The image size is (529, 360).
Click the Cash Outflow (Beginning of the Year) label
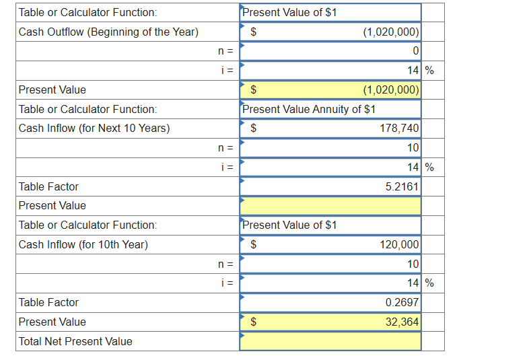click(x=108, y=32)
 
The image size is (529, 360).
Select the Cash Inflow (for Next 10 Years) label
click(x=94, y=128)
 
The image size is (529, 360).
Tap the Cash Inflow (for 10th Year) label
click(x=83, y=244)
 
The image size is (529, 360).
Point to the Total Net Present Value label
click(x=75, y=341)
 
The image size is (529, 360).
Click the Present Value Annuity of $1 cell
click(x=309, y=109)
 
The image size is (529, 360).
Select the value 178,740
click(x=400, y=128)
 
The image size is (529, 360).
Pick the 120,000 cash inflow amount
click(x=400, y=244)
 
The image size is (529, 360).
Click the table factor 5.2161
click(x=401, y=186)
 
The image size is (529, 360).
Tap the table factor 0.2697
click(x=401, y=303)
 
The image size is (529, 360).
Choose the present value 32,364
click(x=402, y=322)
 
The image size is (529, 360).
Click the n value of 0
click(x=415, y=51)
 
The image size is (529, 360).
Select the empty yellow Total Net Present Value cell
click(x=330, y=341)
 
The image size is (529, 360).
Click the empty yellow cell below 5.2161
click(x=330, y=205)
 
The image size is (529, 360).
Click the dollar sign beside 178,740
click(x=254, y=128)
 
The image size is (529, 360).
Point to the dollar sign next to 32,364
click(x=254, y=322)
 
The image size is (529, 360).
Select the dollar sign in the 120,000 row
click(x=254, y=244)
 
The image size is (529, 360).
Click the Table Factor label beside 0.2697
click(x=48, y=303)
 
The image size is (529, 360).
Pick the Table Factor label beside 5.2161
click(x=48, y=186)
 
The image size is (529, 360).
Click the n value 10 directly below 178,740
click(x=413, y=147)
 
